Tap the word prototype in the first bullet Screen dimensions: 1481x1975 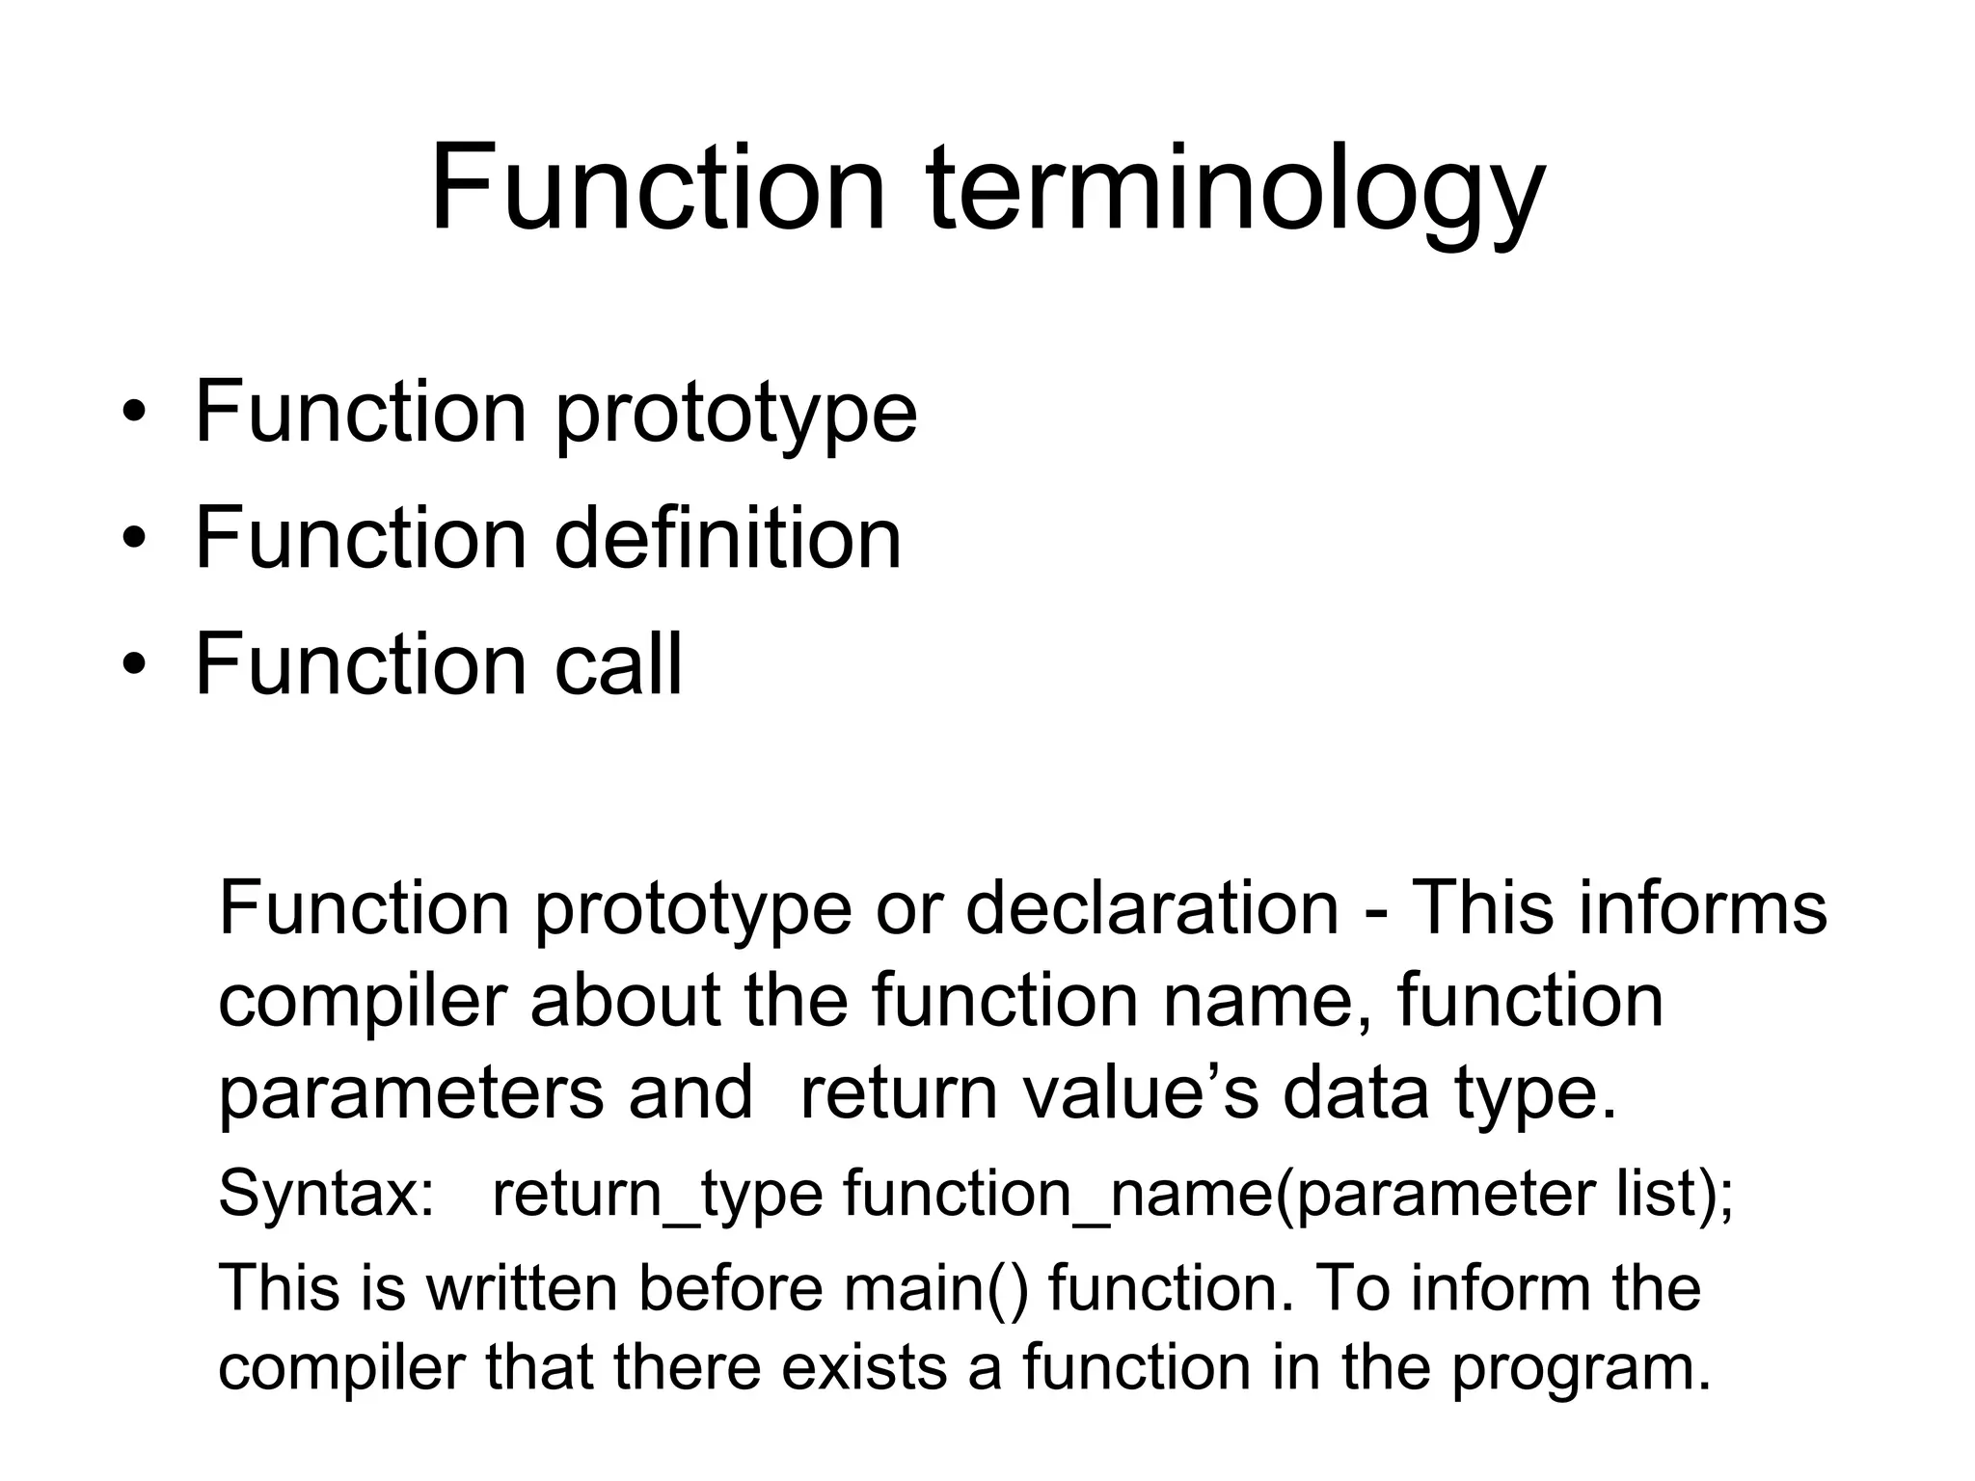tap(736, 416)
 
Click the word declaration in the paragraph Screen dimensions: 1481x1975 tap(1151, 908)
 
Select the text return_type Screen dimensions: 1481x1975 tap(657, 1195)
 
